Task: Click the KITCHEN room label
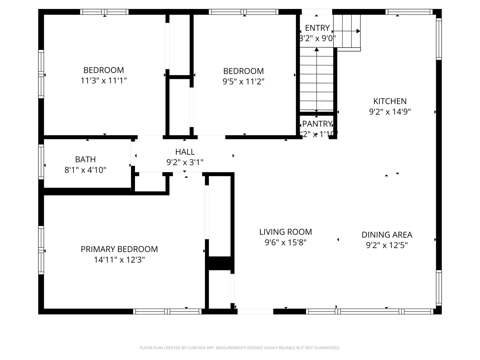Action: click(390, 101)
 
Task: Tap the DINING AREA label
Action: click(387, 235)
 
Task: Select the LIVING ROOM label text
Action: click(286, 232)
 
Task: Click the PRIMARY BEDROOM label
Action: click(119, 249)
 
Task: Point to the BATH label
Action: click(85, 159)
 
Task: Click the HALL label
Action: click(185, 152)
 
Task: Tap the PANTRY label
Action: click(317, 124)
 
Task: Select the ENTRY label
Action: click(317, 28)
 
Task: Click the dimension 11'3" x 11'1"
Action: click(104, 81)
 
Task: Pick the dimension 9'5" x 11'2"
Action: click(243, 81)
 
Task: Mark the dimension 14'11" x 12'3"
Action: click(119, 260)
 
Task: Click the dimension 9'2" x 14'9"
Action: click(390, 112)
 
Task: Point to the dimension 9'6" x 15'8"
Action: click(286, 242)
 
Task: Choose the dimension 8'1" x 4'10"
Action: click(85, 170)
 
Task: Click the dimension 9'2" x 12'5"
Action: click(387, 245)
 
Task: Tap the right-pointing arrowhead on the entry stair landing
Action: click(358, 31)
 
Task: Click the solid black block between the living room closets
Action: click(219, 263)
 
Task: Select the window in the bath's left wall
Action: click(41, 162)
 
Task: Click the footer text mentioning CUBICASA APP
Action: click(240, 348)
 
